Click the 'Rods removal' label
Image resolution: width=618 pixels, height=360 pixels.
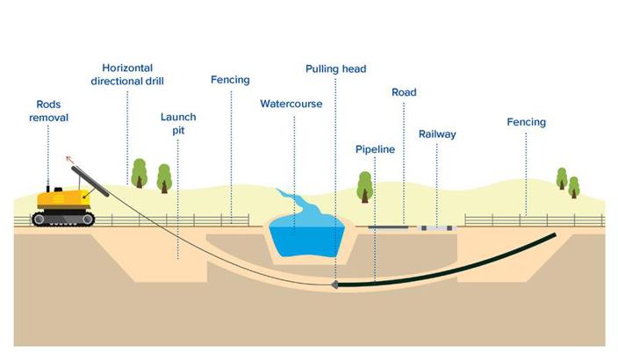47,111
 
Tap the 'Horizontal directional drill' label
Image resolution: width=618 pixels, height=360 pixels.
127,75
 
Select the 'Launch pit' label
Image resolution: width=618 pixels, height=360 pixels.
178,124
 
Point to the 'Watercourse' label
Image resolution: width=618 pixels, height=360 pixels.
291,104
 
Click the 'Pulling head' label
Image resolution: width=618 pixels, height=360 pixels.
335,68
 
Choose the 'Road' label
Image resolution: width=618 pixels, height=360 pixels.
404,92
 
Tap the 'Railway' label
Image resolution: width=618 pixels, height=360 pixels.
437,134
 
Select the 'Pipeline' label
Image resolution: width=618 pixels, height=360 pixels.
375,149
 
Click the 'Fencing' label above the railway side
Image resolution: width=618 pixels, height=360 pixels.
526,122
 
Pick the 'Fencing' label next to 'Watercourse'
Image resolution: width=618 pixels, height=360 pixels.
230,80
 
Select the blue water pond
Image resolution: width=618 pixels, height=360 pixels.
304,236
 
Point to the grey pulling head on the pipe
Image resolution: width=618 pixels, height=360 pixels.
335,285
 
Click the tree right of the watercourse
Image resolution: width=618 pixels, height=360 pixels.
365,185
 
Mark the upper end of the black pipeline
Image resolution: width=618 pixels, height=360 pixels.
552,235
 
